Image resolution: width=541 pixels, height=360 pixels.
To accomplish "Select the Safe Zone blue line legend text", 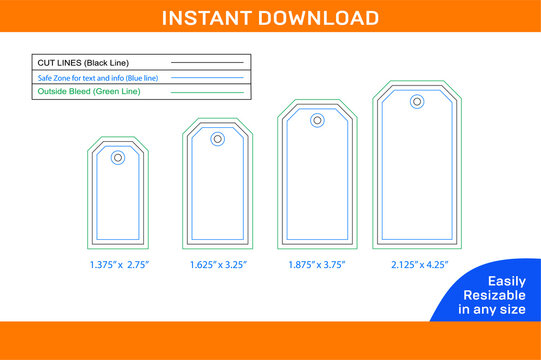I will (x=91, y=78).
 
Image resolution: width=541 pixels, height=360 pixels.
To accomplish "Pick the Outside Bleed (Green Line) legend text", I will (x=89, y=92).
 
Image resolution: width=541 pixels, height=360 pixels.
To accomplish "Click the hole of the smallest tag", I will (x=118, y=157).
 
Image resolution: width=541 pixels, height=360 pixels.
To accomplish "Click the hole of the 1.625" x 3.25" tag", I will (x=217, y=139).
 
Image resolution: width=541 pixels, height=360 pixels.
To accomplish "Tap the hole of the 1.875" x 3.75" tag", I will (x=317, y=120).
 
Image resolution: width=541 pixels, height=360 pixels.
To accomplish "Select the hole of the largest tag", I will (x=416, y=101).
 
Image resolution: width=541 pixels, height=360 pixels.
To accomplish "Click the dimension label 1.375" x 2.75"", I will (x=118, y=265).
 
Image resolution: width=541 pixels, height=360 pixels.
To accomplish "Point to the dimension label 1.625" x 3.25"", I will (x=218, y=265).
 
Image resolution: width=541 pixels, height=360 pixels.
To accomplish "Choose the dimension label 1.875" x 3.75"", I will (x=318, y=265).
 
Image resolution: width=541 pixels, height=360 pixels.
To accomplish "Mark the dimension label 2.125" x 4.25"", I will (x=418, y=265).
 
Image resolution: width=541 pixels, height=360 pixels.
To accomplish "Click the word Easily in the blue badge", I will (x=490, y=282).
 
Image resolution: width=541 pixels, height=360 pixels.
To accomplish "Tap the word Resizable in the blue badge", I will (x=490, y=296).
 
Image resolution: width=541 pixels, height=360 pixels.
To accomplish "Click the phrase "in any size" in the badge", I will (x=490, y=310).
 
